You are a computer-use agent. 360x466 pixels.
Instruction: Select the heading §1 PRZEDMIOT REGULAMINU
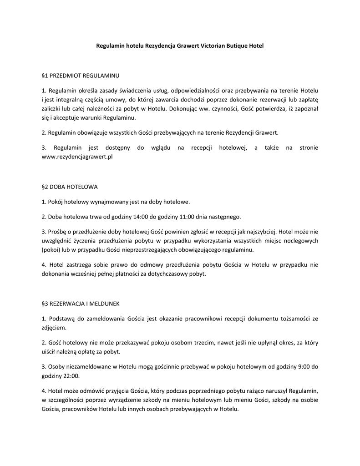click(80, 75)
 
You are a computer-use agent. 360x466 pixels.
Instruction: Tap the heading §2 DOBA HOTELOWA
click(70, 187)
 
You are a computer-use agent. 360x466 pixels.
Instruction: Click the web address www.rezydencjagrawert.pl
click(77, 156)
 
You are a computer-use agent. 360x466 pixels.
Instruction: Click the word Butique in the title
click(237, 46)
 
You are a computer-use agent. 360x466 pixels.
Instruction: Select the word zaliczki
click(51, 108)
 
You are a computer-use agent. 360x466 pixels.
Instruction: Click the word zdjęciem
click(54, 327)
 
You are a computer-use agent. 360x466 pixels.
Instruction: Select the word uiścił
click(49, 352)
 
